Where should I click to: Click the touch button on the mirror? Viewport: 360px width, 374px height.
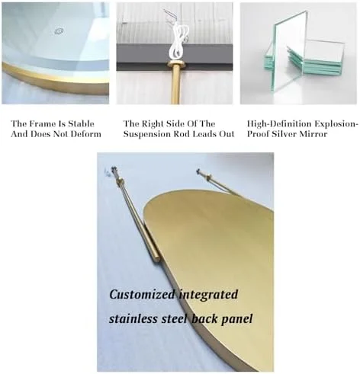(58, 32)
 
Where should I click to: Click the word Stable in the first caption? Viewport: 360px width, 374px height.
(82, 124)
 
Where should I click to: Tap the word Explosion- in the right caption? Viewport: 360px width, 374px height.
(336, 124)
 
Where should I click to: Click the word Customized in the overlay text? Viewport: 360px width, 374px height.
(142, 294)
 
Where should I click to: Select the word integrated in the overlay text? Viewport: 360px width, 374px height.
(208, 295)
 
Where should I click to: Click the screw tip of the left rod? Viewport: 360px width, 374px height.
(114, 168)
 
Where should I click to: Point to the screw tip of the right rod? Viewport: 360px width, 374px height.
(198, 171)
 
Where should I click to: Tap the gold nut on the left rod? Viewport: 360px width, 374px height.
(120, 181)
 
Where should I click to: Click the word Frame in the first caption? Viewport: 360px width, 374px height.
(43, 124)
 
